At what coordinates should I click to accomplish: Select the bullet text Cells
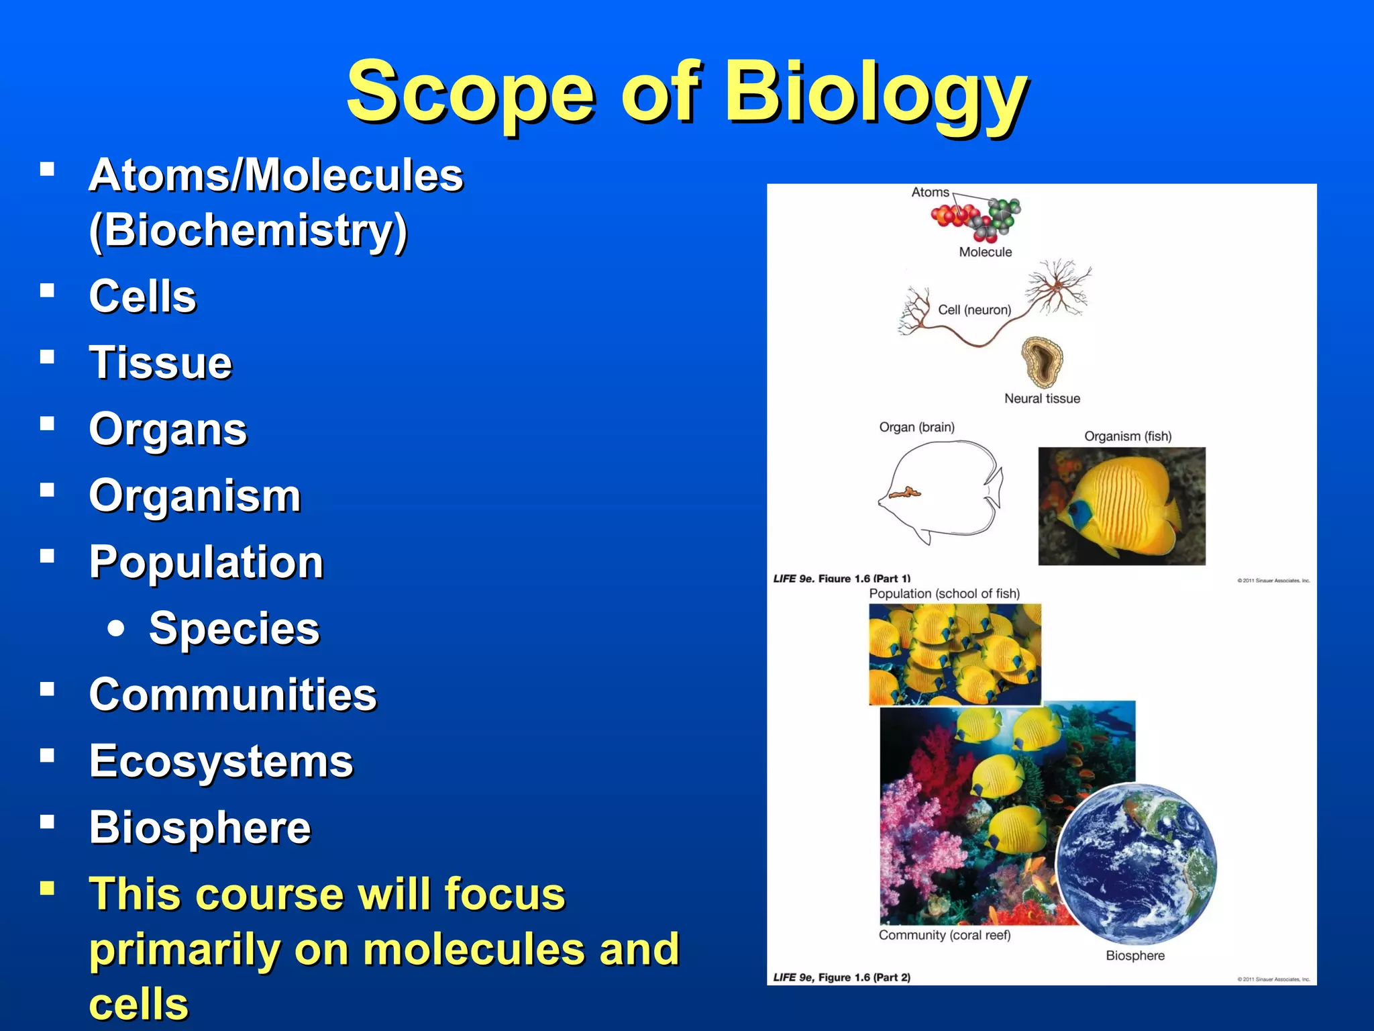pyautogui.click(x=143, y=296)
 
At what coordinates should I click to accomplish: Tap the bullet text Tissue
pyautogui.click(x=160, y=362)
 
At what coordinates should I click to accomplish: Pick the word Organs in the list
pyautogui.click(x=168, y=430)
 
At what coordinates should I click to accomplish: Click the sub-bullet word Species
pyautogui.click(x=234, y=629)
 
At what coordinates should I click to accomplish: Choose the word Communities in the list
pyautogui.click(x=233, y=695)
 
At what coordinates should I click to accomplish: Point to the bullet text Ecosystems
pyautogui.click(x=221, y=761)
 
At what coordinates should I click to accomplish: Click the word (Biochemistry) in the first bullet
pyautogui.click(x=248, y=230)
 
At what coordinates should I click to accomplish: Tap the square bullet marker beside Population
pyautogui.click(x=47, y=556)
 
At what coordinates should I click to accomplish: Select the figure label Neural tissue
pyautogui.click(x=1042, y=399)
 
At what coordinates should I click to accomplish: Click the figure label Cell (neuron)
pyautogui.click(x=974, y=310)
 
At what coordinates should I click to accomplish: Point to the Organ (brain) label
pyautogui.click(x=916, y=428)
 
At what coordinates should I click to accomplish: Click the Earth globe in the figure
pyautogui.click(x=1136, y=864)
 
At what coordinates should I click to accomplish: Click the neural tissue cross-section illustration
pyautogui.click(x=1042, y=362)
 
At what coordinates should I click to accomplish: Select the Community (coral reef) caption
pyautogui.click(x=944, y=935)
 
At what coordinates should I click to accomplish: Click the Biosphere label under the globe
pyautogui.click(x=1135, y=956)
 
